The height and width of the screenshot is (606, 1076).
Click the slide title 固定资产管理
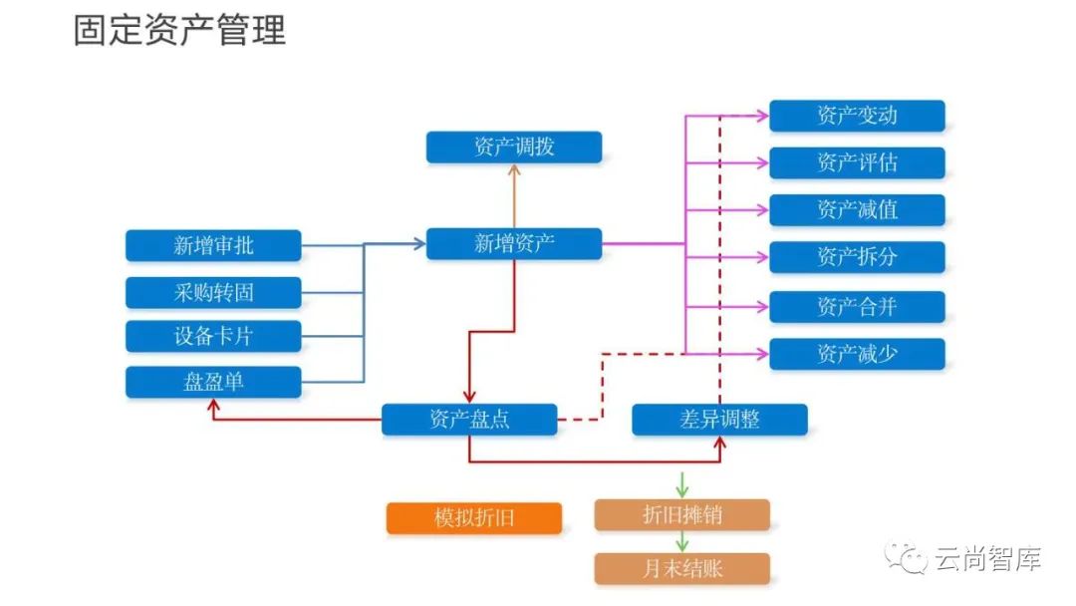(x=179, y=30)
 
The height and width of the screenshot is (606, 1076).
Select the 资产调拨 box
(x=514, y=148)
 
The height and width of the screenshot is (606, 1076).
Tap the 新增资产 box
(x=514, y=243)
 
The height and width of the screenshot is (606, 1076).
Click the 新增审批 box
(x=213, y=245)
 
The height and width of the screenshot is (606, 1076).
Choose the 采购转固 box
(x=213, y=292)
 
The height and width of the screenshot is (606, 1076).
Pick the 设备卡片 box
(x=213, y=337)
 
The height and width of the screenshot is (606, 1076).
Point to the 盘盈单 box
(x=213, y=383)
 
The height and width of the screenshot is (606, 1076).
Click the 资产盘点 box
(x=469, y=420)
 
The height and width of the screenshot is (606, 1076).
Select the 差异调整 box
(x=719, y=420)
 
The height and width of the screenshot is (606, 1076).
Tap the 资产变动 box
(x=857, y=116)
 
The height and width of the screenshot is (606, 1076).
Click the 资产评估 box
(x=857, y=162)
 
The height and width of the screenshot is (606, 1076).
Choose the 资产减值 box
(x=857, y=209)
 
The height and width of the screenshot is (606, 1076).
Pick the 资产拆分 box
(x=857, y=257)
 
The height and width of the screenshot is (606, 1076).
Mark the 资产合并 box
(x=857, y=306)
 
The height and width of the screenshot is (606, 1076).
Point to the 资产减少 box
(x=857, y=354)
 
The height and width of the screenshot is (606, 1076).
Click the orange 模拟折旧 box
(x=474, y=518)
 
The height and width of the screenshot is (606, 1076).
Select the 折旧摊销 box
(x=682, y=515)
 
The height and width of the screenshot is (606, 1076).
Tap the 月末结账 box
(x=682, y=569)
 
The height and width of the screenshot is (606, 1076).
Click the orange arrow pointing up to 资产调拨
(x=514, y=195)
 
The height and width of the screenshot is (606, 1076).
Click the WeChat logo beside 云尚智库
(x=909, y=558)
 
